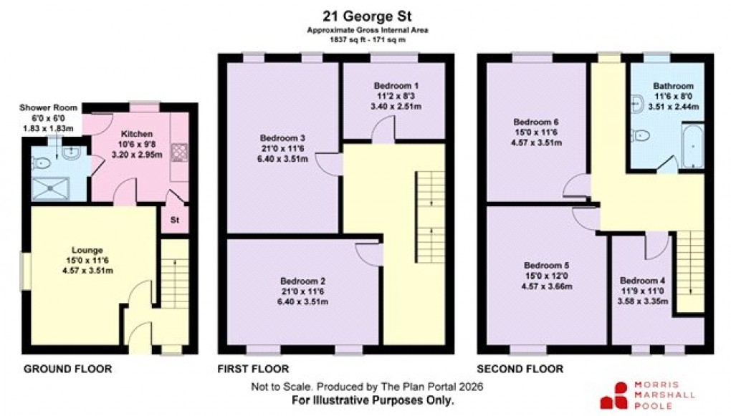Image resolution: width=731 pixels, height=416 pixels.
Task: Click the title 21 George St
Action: [365, 15]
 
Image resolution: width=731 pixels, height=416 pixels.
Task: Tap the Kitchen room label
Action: [135, 134]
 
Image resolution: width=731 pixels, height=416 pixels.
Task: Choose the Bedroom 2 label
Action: [304, 281]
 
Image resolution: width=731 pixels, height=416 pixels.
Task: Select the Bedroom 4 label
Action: [643, 281]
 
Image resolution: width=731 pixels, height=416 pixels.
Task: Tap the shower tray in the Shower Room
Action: [52, 187]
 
